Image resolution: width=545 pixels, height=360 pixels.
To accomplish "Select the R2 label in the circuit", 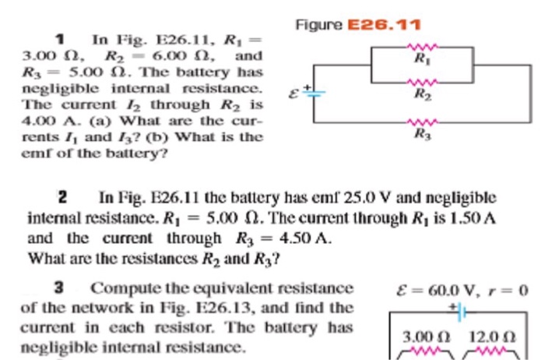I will (x=420, y=97).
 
